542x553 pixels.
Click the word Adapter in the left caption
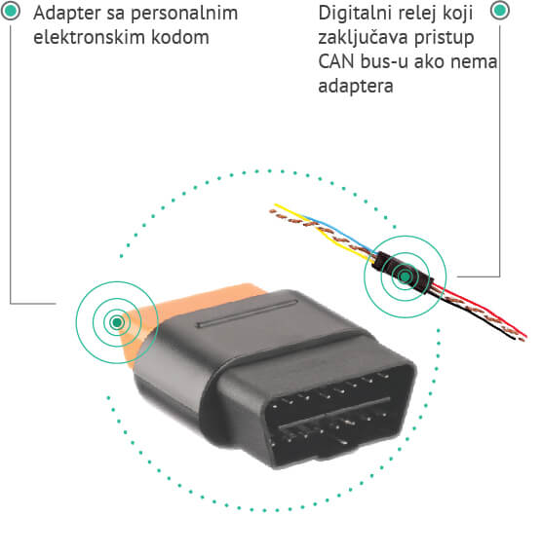tap(67, 14)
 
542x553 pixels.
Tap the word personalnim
tap(184, 14)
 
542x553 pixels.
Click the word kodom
tap(180, 37)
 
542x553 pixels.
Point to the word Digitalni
tap(355, 14)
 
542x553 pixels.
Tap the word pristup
tap(445, 38)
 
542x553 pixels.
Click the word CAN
tap(336, 61)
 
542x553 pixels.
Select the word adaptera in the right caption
tap(356, 86)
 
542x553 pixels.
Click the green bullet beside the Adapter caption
tap(11, 11)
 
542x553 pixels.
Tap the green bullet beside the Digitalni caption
tap(500, 10)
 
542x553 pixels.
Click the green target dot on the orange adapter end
tap(117, 322)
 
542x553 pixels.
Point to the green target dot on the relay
tap(405, 276)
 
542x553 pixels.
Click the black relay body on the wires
tap(403, 273)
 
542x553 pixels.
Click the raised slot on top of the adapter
tap(247, 313)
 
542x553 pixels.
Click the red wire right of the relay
tap(481, 311)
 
